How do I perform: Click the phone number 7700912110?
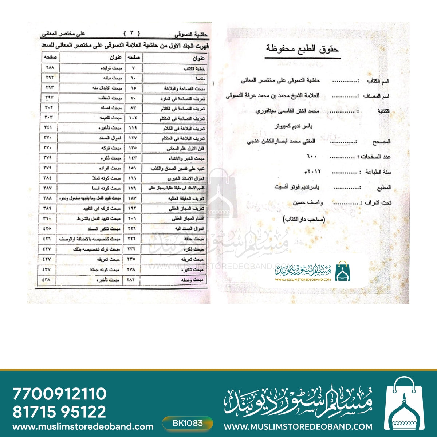pos(59,394)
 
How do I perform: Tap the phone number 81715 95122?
pos(59,412)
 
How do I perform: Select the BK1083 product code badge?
pos(188,423)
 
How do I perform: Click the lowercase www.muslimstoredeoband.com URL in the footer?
pos(83,426)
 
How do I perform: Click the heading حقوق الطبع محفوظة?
pos(302,48)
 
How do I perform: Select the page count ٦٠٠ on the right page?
pos(313,156)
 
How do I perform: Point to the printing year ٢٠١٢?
pos(313,171)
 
